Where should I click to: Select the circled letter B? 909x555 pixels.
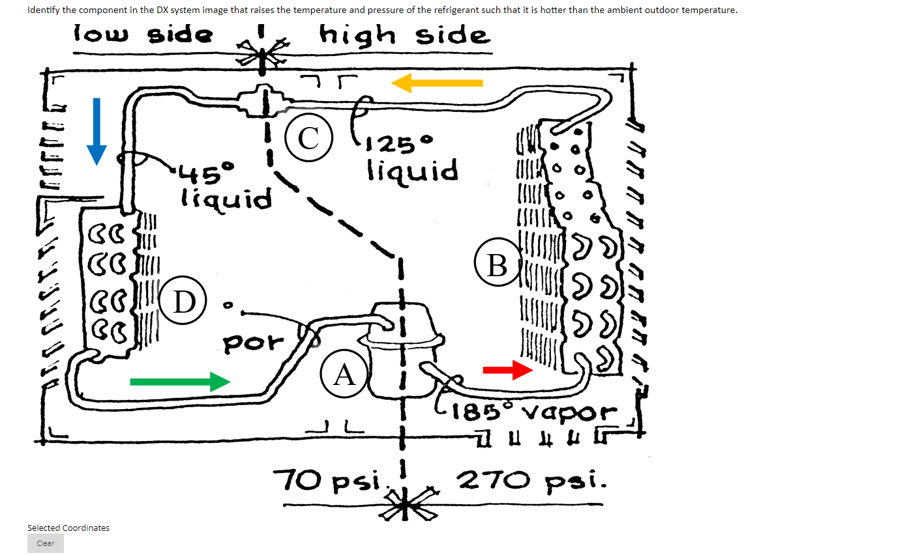[x=497, y=265]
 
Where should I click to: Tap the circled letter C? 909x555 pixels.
[x=308, y=137]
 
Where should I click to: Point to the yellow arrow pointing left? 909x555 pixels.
[x=437, y=83]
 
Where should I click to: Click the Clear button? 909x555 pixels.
[x=46, y=543]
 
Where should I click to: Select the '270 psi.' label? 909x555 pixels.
[x=533, y=483]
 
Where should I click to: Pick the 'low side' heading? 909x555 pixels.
[x=143, y=35]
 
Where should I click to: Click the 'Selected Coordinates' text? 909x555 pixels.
[x=68, y=528]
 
